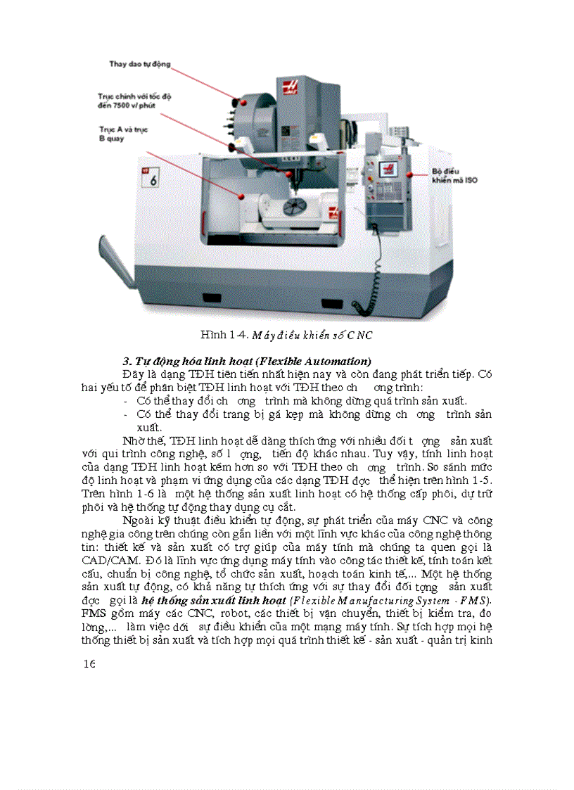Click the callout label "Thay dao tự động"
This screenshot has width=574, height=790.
point(139,64)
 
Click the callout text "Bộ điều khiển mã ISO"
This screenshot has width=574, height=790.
point(454,175)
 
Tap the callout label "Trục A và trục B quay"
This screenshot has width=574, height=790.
point(123,134)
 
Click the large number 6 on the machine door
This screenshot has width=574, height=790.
point(153,178)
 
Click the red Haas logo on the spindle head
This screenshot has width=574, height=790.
point(290,87)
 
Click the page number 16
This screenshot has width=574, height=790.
point(89,663)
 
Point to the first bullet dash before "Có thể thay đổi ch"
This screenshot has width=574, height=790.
point(125,400)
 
